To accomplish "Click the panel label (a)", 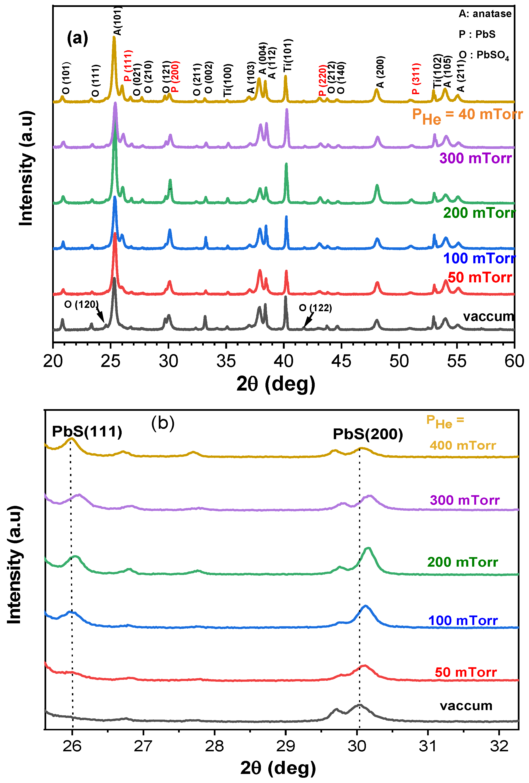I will pyautogui.click(x=77, y=38).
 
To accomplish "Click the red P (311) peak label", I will pyautogui.click(x=416, y=78).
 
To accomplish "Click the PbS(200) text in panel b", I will pyautogui.click(x=368, y=434).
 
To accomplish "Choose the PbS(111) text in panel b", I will pyautogui.click(x=87, y=432).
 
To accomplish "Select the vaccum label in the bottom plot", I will pyautogui.click(x=466, y=706).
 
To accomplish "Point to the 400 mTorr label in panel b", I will pyautogui.click(x=463, y=445).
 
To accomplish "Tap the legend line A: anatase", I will pyautogui.click(x=485, y=14).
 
